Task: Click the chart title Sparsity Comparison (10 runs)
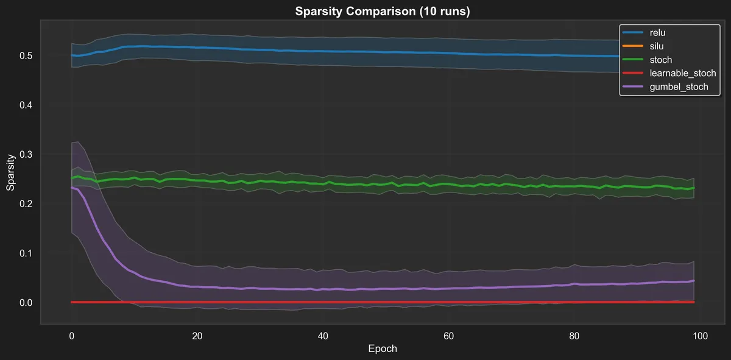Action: (x=382, y=12)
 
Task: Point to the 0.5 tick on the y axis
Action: (x=26, y=55)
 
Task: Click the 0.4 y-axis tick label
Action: (x=26, y=105)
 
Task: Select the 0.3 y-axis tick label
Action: (x=26, y=154)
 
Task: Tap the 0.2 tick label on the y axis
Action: (x=26, y=203)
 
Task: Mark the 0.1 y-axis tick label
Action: (x=26, y=253)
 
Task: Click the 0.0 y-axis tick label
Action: (x=26, y=302)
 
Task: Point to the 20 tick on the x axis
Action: (x=197, y=336)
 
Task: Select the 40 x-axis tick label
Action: (x=323, y=336)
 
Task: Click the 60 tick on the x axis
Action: (x=448, y=336)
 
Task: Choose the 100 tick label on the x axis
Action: (x=700, y=336)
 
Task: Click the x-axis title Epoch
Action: (x=383, y=349)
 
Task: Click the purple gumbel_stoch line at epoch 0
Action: (x=72, y=188)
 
